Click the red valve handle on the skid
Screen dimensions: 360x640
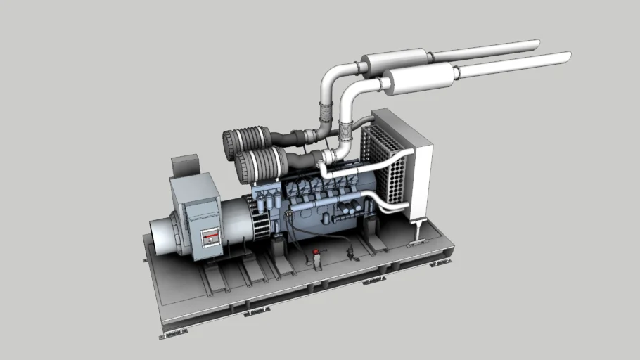(x=316, y=252)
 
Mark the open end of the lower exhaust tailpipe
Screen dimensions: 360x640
(x=568, y=56)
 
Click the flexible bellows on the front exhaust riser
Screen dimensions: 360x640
(x=345, y=130)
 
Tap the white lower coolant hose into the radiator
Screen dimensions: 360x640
(x=383, y=205)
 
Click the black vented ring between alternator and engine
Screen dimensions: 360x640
(x=260, y=217)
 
